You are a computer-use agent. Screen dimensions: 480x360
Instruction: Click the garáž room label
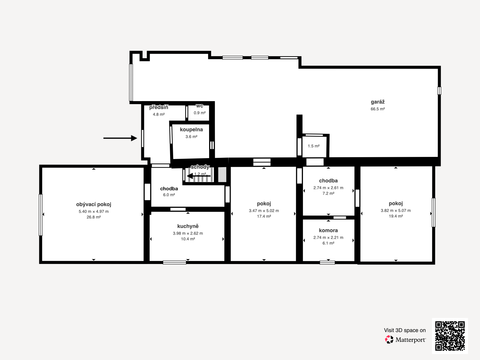pos(378,102)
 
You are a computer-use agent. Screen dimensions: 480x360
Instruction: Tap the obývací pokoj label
pos(94,205)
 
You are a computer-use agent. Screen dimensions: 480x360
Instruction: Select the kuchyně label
pos(188,226)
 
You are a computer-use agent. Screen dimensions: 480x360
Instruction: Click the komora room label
pos(328,230)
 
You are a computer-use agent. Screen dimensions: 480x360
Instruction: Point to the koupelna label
pos(191,130)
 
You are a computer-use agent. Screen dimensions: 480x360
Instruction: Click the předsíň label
pos(159,107)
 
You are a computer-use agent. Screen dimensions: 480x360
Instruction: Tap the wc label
pos(199,106)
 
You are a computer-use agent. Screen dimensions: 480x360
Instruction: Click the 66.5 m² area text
pos(378,109)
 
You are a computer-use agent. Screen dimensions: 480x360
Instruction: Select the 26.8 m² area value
pos(94,217)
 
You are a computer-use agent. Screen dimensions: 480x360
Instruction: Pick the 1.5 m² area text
pos(313,146)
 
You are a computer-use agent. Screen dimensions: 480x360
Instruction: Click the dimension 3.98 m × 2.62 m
pos(188,233)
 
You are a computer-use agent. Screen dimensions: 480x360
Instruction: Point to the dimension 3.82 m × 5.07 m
pos(396,211)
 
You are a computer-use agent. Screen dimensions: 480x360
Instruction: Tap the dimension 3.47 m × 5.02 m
pos(264,211)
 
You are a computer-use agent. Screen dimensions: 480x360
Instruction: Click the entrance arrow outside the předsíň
pos(120,138)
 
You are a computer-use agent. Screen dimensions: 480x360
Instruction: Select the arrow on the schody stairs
pos(199,176)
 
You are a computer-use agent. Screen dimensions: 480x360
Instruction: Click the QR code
pos(450,336)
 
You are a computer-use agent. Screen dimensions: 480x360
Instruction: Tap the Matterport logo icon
pos(389,340)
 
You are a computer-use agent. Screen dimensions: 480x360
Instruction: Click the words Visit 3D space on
pos(405,330)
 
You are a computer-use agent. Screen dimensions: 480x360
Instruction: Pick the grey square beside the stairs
pos(222,174)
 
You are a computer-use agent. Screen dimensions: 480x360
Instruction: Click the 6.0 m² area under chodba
pos(169,195)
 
